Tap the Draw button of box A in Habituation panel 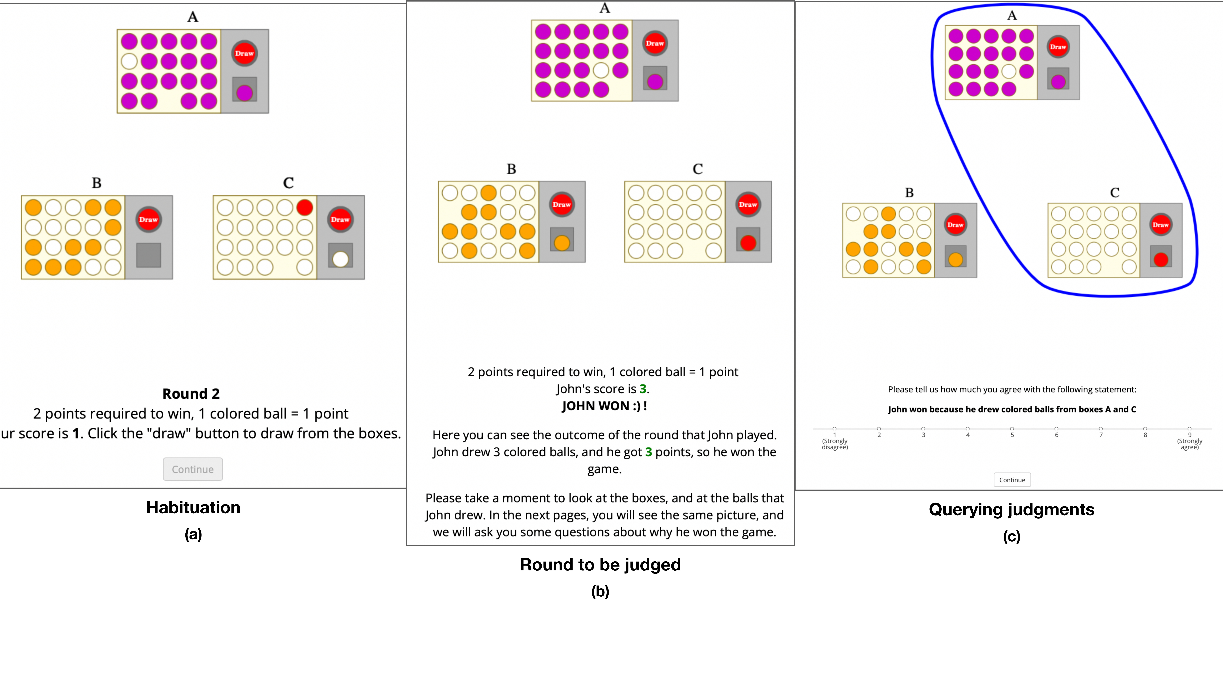[244, 53]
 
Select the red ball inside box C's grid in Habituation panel [304, 207]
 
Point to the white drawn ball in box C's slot [340, 259]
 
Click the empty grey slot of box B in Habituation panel [149, 255]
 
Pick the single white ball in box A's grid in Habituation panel [129, 61]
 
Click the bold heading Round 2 [191, 394]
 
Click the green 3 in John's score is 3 [643, 389]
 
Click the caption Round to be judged [600, 565]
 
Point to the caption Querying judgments [1011, 509]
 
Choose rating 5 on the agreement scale [1012, 429]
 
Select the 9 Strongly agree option [1189, 429]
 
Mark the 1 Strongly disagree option [834, 429]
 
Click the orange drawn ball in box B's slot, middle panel [562, 243]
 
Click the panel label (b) [600, 592]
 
